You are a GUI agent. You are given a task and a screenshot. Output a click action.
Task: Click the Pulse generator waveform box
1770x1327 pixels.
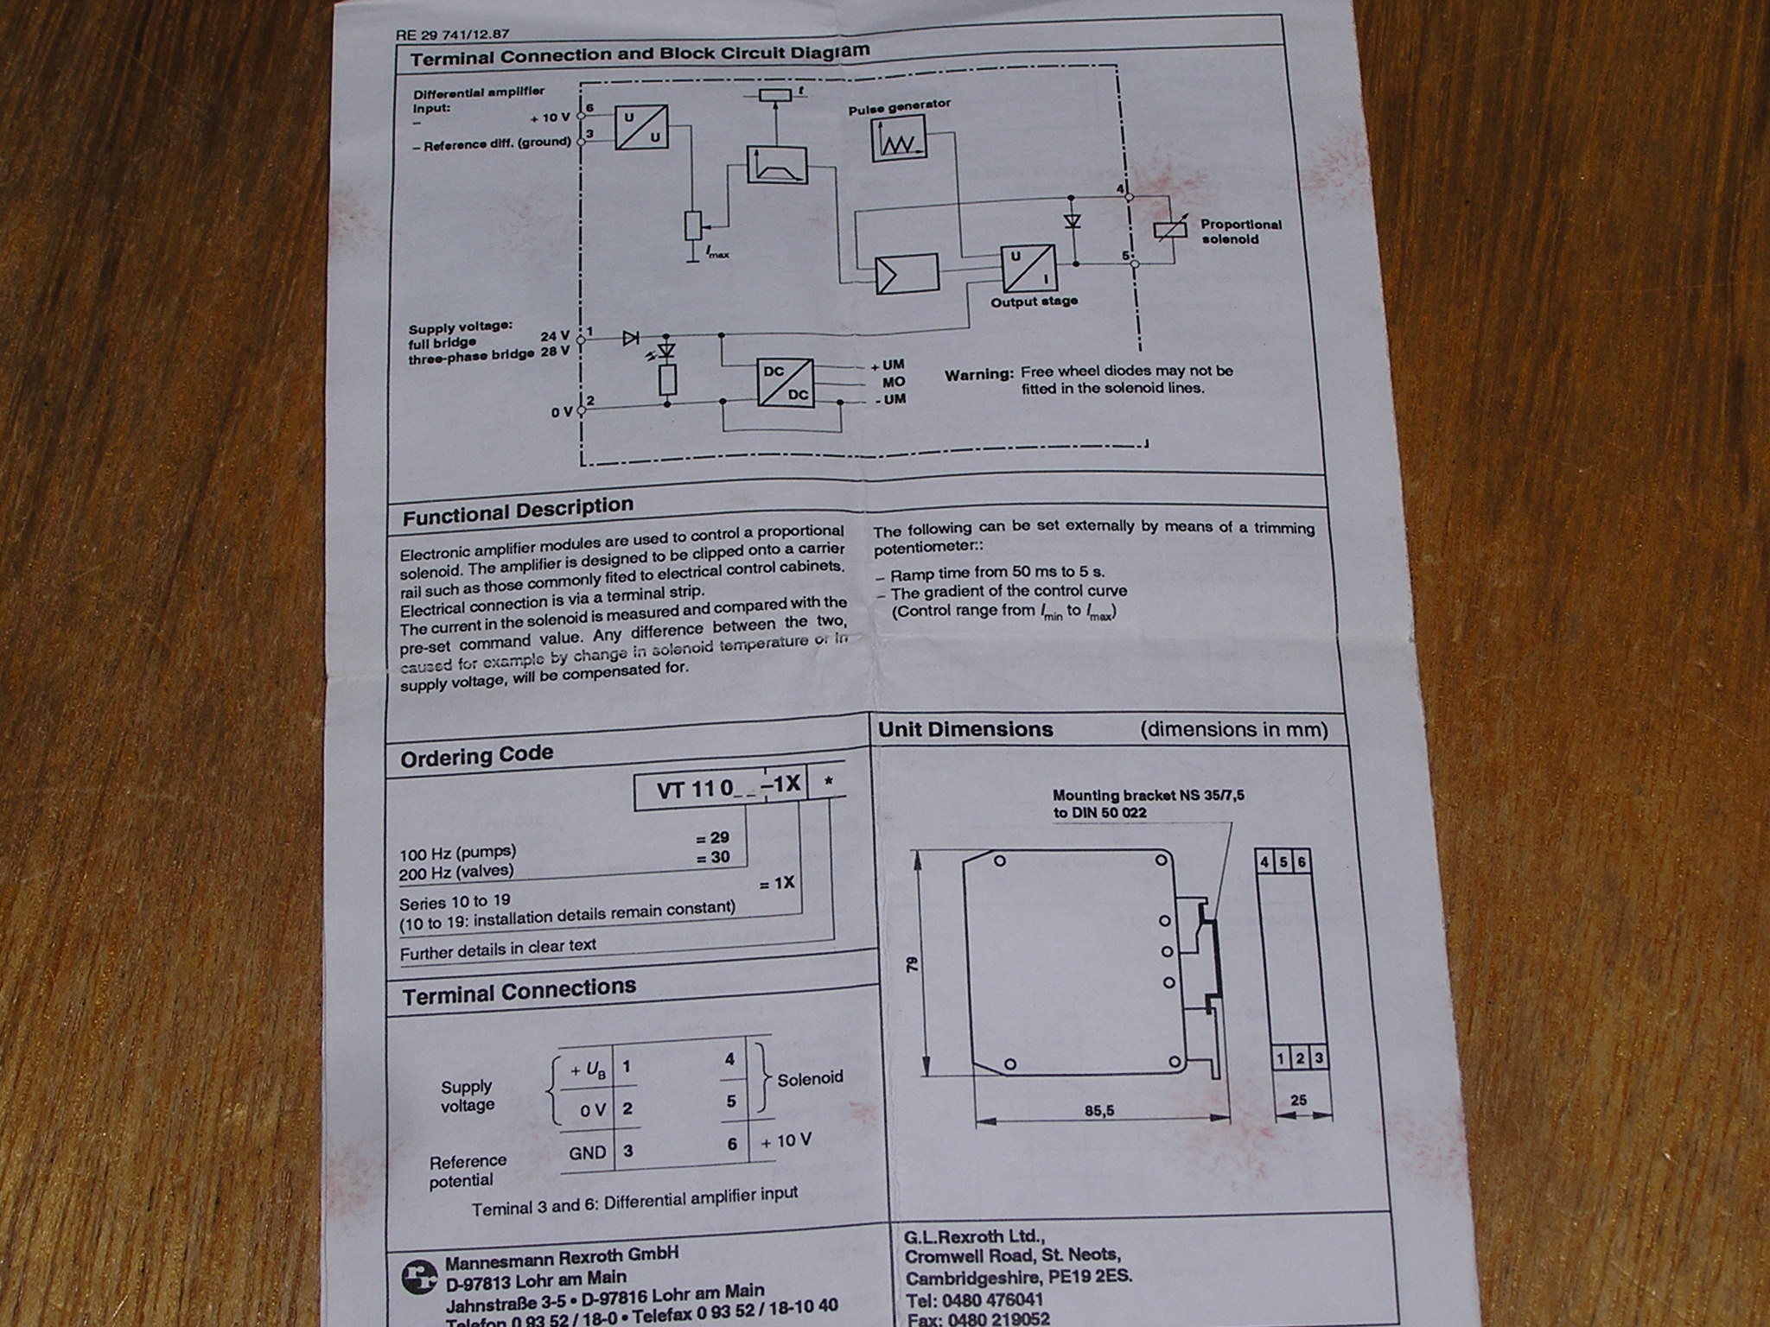pos(898,142)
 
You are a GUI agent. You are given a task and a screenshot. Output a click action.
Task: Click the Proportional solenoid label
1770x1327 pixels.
pos(1240,231)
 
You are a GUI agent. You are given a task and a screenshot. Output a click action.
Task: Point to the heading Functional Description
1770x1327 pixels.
pos(518,511)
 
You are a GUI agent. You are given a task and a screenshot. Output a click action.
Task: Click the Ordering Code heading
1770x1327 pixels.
pos(476,757)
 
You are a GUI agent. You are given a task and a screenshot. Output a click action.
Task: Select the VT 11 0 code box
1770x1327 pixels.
pos(721,790)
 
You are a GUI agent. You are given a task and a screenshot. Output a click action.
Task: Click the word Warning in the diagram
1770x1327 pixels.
pos(977,375)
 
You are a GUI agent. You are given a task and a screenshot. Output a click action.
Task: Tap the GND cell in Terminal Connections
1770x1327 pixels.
pos(587,1152)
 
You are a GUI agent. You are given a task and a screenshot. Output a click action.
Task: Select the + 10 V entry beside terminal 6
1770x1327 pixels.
pos(786,1140)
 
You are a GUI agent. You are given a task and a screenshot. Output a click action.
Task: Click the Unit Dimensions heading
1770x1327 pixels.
pos(965,729)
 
